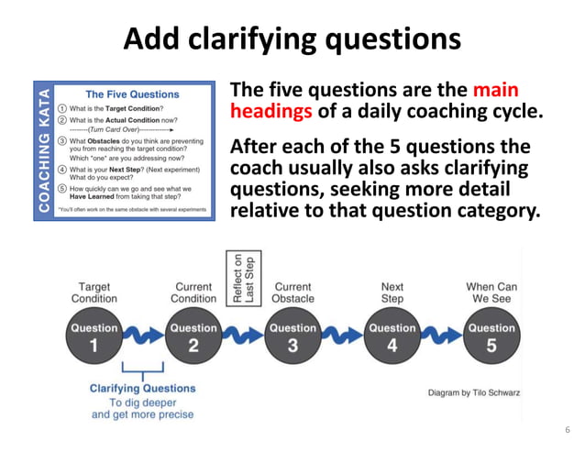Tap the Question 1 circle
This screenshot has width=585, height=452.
point(94,336)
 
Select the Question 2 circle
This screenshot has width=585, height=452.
point(193,336)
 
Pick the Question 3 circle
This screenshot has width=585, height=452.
point(292,336)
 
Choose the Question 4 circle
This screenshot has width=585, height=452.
point(392,336)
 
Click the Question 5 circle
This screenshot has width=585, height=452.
point(491,336)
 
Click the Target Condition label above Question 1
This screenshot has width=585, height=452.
point(94,292)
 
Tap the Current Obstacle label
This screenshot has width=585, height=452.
point(292,292)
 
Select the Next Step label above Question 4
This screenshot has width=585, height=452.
point(392,292)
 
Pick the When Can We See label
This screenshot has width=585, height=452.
point(491,292)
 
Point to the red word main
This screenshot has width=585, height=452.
point(496,91)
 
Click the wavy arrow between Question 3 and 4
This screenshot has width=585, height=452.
point(342,336)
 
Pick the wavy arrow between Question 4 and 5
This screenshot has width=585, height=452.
point(442,336)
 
